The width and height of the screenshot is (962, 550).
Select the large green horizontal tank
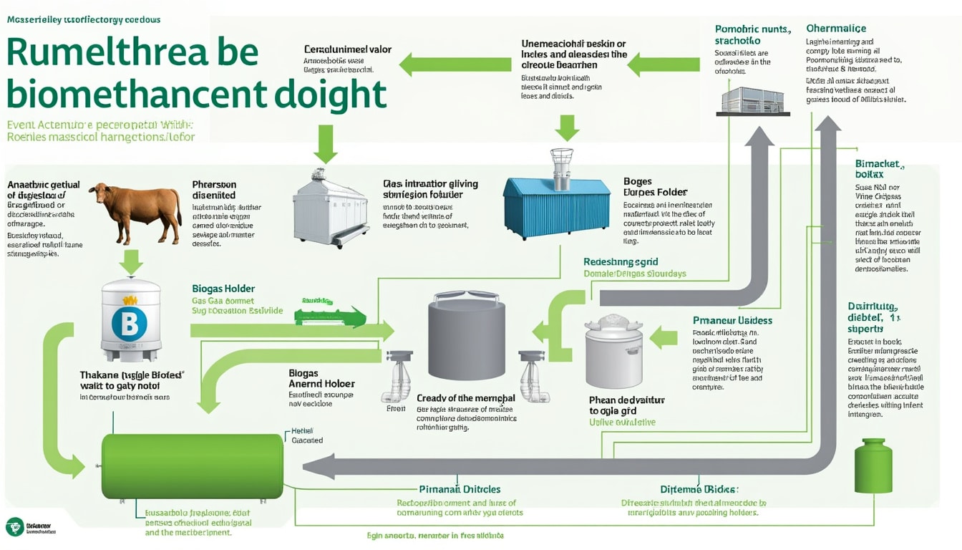click(x=192, y=466)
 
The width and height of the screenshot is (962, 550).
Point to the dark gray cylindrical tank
click(x=466, y=339)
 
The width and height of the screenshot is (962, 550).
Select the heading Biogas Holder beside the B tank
click(x=223, y=289)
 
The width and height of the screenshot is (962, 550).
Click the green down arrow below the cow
click(x=130, y=261)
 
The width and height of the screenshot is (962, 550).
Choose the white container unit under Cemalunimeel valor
click(x=330, y=207)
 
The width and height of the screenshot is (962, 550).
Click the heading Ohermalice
click(x=836, y=29)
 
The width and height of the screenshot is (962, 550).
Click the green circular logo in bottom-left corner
click(x=14, y=527)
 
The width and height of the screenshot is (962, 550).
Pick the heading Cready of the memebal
click(x=465, y=398)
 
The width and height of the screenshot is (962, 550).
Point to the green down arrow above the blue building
click(x=567, y=127)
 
